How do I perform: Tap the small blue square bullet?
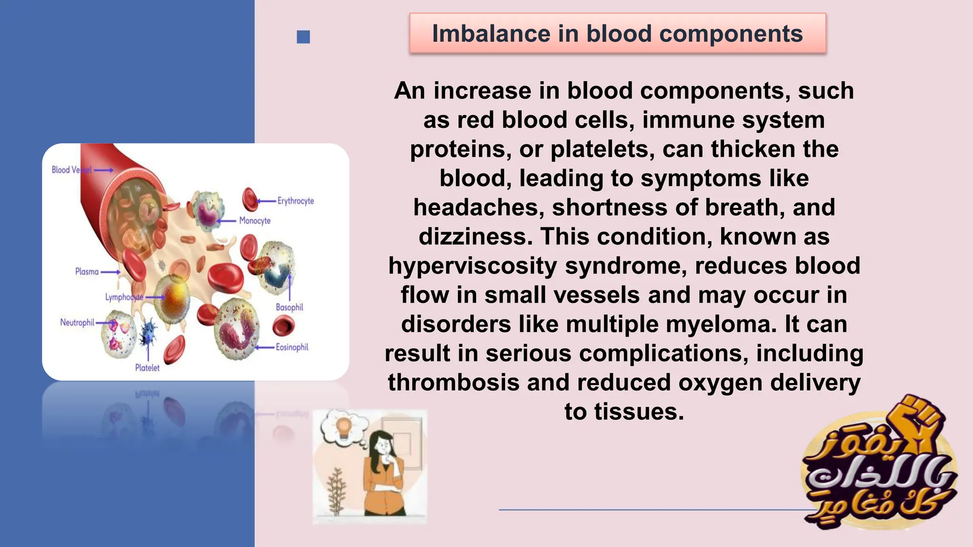(x=303, y=37)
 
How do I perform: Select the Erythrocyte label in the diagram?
(x=296, y=201)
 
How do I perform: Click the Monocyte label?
(x=255, y=221)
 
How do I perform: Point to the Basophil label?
(x=289, y=307)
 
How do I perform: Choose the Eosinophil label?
(x=292, y=347)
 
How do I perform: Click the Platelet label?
(x=147, y=368)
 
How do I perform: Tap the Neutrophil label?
(x=77, y=322)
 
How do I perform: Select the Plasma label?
(x=87, y=272)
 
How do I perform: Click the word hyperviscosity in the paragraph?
(x=473, y=266)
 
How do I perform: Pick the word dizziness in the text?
(x=475, y=236)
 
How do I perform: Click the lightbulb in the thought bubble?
(x=343, y=426)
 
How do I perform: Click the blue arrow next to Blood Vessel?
(x=104, y=170)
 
